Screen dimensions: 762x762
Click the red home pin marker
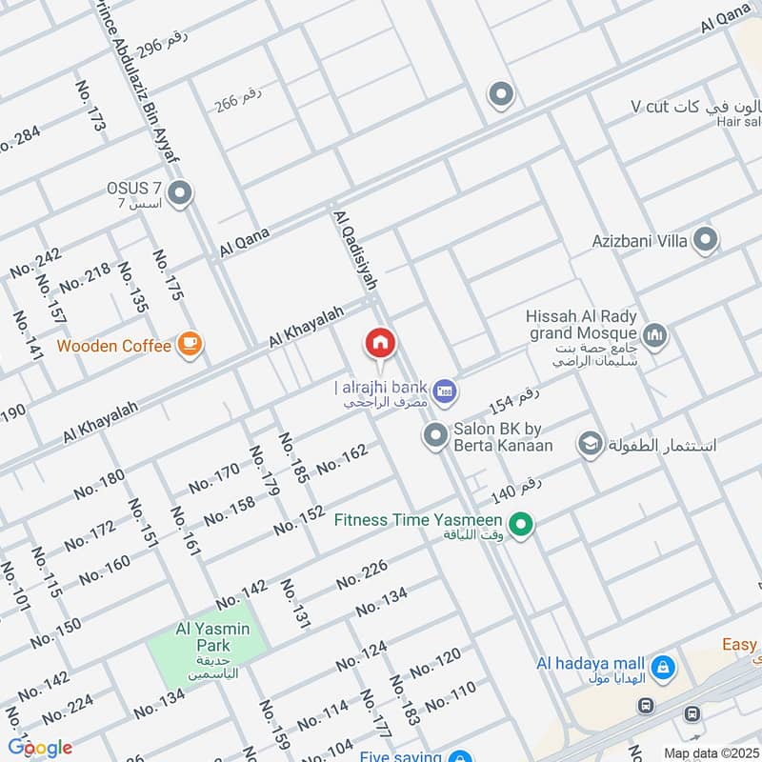380,343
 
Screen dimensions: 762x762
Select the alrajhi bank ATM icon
444,390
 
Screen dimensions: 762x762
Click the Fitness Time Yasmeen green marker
520,524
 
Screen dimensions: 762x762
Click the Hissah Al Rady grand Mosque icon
654,334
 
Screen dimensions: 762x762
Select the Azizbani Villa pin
705,240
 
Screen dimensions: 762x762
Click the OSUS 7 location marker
181,195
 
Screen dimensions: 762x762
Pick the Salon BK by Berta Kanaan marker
435,436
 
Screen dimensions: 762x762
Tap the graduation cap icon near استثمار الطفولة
591,444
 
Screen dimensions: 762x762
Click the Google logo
40,748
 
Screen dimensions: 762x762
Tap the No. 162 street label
342,458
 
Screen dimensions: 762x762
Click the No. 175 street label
168,275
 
